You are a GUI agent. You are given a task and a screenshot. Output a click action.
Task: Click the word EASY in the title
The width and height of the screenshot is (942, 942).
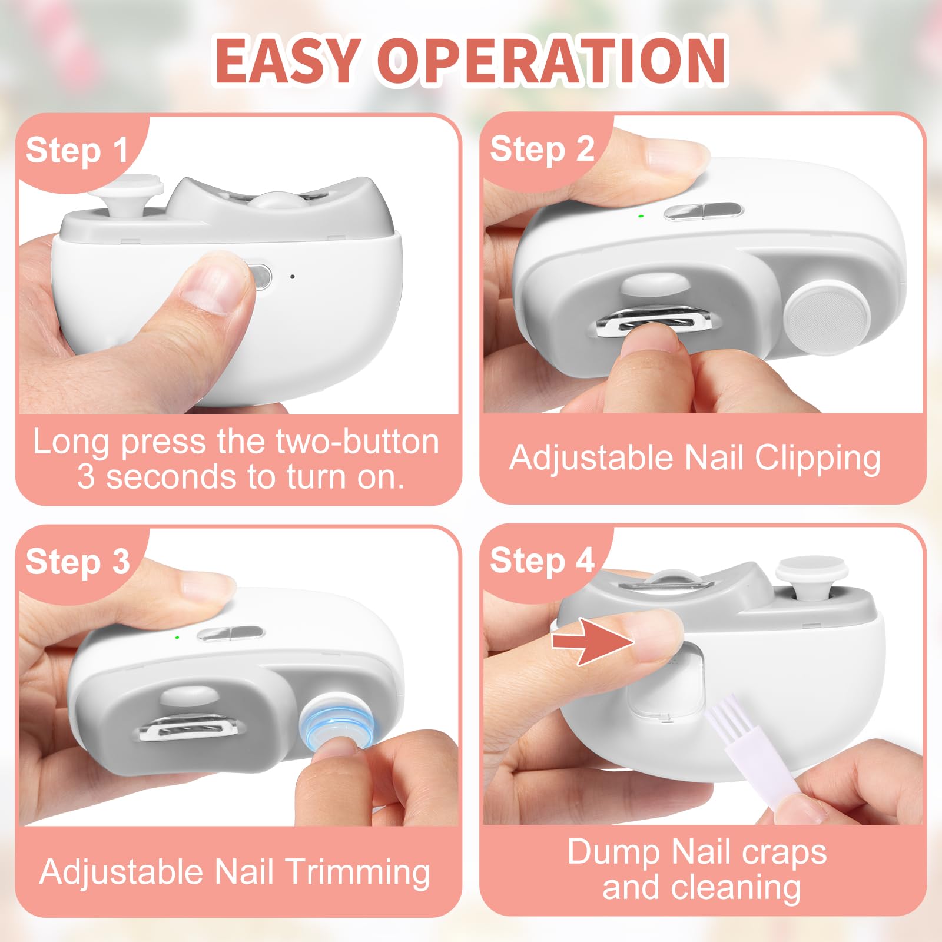coord(286,61)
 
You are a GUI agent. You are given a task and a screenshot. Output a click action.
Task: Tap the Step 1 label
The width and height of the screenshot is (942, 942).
coord(77,151)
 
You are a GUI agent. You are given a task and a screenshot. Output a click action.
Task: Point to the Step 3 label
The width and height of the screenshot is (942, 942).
coord(78,562)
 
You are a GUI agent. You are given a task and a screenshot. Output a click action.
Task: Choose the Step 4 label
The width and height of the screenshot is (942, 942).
coord(542,560)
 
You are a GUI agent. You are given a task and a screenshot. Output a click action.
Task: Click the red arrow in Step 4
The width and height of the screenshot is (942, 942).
coord(593,641)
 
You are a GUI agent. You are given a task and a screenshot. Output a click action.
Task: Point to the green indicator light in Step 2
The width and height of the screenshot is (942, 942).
coord(641,217)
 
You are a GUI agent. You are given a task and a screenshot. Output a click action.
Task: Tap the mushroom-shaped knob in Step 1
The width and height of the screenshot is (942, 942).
coord(127,198)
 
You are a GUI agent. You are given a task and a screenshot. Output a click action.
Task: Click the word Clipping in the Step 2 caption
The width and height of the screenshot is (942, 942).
coord(818,459)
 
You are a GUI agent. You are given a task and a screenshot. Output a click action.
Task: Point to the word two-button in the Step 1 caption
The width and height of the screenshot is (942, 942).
coord(357,442)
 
